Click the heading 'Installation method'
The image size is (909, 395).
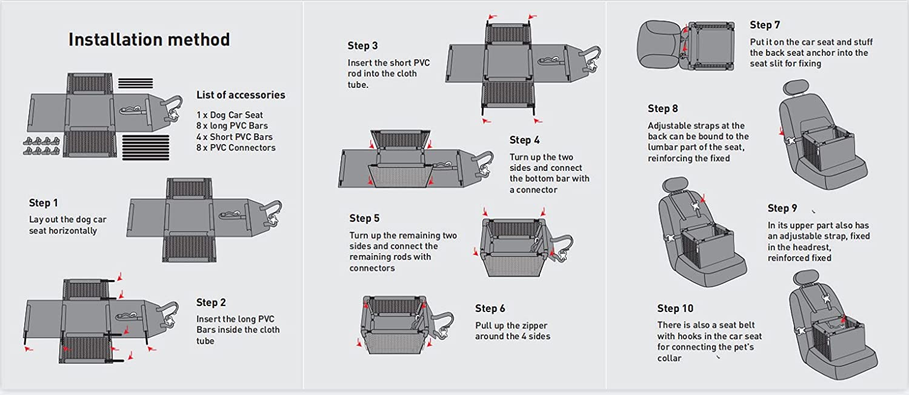pyautogui.click(x=149, y=40)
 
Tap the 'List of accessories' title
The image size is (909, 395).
pyautogui.click(x=241, y=95)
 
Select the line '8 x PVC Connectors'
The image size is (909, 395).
pyautogui.click(x=236, y=148)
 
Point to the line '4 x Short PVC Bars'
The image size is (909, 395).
pyautogui.click(x=235, y=137)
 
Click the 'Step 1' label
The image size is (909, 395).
pyautogui.click(x=44, y=203)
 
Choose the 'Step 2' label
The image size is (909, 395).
pyautogui.click(x=211, y=302)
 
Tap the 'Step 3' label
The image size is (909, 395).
pyautogui.click(x=362, y=45)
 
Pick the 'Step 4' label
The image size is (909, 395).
pyautogui.click(x=524, y=140)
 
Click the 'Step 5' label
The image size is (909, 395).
pyautogui.click(x=364, y=218)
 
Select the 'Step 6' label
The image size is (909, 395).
pyautogui.click(x=490, y=308)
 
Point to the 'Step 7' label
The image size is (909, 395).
pyautogui.click(x=765, y=25)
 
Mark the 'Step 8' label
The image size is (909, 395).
pyautogui.click(x=663, y=108)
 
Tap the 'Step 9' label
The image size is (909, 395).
pyautogui.click(x=782, y=208)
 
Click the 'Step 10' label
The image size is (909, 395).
pyautogui.click(x=675, y=308)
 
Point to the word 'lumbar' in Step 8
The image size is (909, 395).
pyautogui.click(x=663, y=148)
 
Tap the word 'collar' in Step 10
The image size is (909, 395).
pyautogui.click(x=670, y=358)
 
